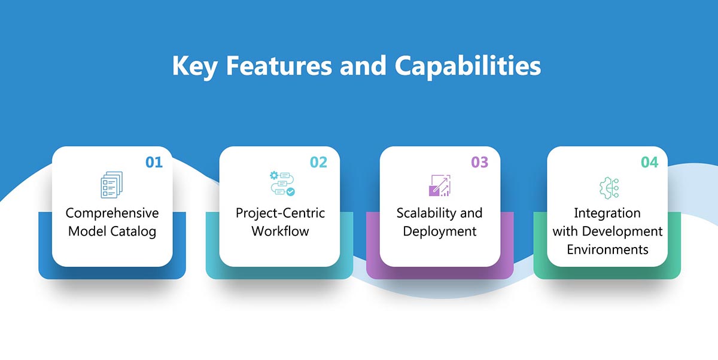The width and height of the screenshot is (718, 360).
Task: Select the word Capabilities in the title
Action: (x=467, y=66)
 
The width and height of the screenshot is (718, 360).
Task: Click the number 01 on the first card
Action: (x=154, y=162)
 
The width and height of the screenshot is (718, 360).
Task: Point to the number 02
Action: (x=318, y=162)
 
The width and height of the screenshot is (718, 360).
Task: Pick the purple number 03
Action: (x=479, y=162)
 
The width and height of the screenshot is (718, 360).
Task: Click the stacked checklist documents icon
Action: (x=111, y=185)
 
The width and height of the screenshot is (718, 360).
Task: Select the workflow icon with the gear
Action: (x=281, y=184)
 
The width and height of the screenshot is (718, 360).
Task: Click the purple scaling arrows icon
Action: (x=440, y=185)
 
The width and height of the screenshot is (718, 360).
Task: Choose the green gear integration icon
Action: (x=609, y=187)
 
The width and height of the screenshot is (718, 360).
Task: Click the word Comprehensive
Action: (x=112, y=213)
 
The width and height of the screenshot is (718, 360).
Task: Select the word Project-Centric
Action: (x=279, y=213)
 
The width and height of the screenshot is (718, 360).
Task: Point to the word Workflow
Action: (x=280, y=231)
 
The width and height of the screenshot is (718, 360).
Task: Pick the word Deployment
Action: (x=440, y=231)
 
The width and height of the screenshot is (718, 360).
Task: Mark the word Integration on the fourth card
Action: (x=607, y=213)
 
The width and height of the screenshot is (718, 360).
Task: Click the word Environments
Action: (x=607, y=249)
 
